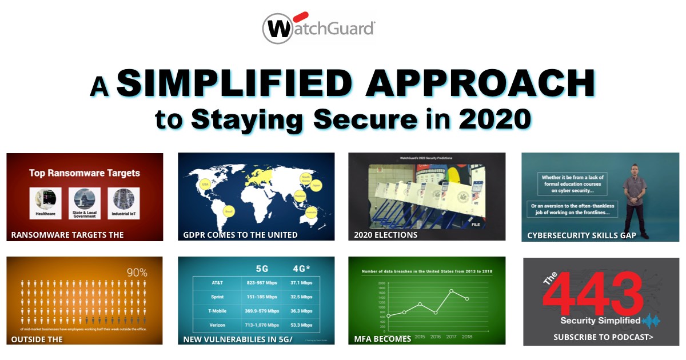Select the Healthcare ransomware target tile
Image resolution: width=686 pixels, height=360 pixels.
click(x=45, y=203)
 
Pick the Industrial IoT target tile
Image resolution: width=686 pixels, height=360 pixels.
click(x=123, y=203)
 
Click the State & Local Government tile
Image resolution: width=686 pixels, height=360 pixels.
click(x=84, y=203)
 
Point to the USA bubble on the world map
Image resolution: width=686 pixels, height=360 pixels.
click(x=204, y=184)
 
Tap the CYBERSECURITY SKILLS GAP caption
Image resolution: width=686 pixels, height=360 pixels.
click(x=581, y=235)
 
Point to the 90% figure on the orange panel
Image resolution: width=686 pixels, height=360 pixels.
click(x=137, y=273)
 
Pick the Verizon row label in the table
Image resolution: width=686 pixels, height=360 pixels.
click(x=217, y=325)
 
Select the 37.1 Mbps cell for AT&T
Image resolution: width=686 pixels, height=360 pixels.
click(x=301, y=282)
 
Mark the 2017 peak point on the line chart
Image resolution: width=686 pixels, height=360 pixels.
click(x=452, y=291)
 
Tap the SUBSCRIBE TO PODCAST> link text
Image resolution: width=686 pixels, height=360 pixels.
click(x=603, y=337)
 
